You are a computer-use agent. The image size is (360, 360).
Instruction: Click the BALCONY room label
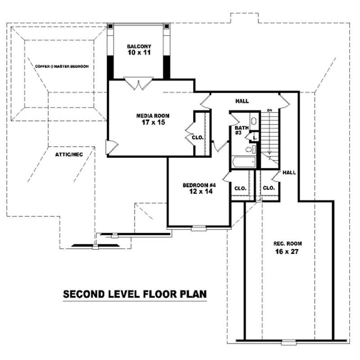click(x=138, y=46)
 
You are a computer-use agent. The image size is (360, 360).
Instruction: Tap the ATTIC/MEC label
click(x=69, y=154)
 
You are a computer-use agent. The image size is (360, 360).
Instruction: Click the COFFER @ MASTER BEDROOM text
click(x=62, y=66)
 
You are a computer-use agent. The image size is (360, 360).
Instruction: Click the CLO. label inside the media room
click(x=198, y=137)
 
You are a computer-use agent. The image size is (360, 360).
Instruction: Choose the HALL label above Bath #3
click(x=241, y=101)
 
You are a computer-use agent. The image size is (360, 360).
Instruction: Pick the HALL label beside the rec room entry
click(x=289, y=172)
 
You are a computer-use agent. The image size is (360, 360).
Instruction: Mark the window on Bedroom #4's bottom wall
click(x=198, y=229)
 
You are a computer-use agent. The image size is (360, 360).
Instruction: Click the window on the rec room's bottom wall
click(x=288, y=343)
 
